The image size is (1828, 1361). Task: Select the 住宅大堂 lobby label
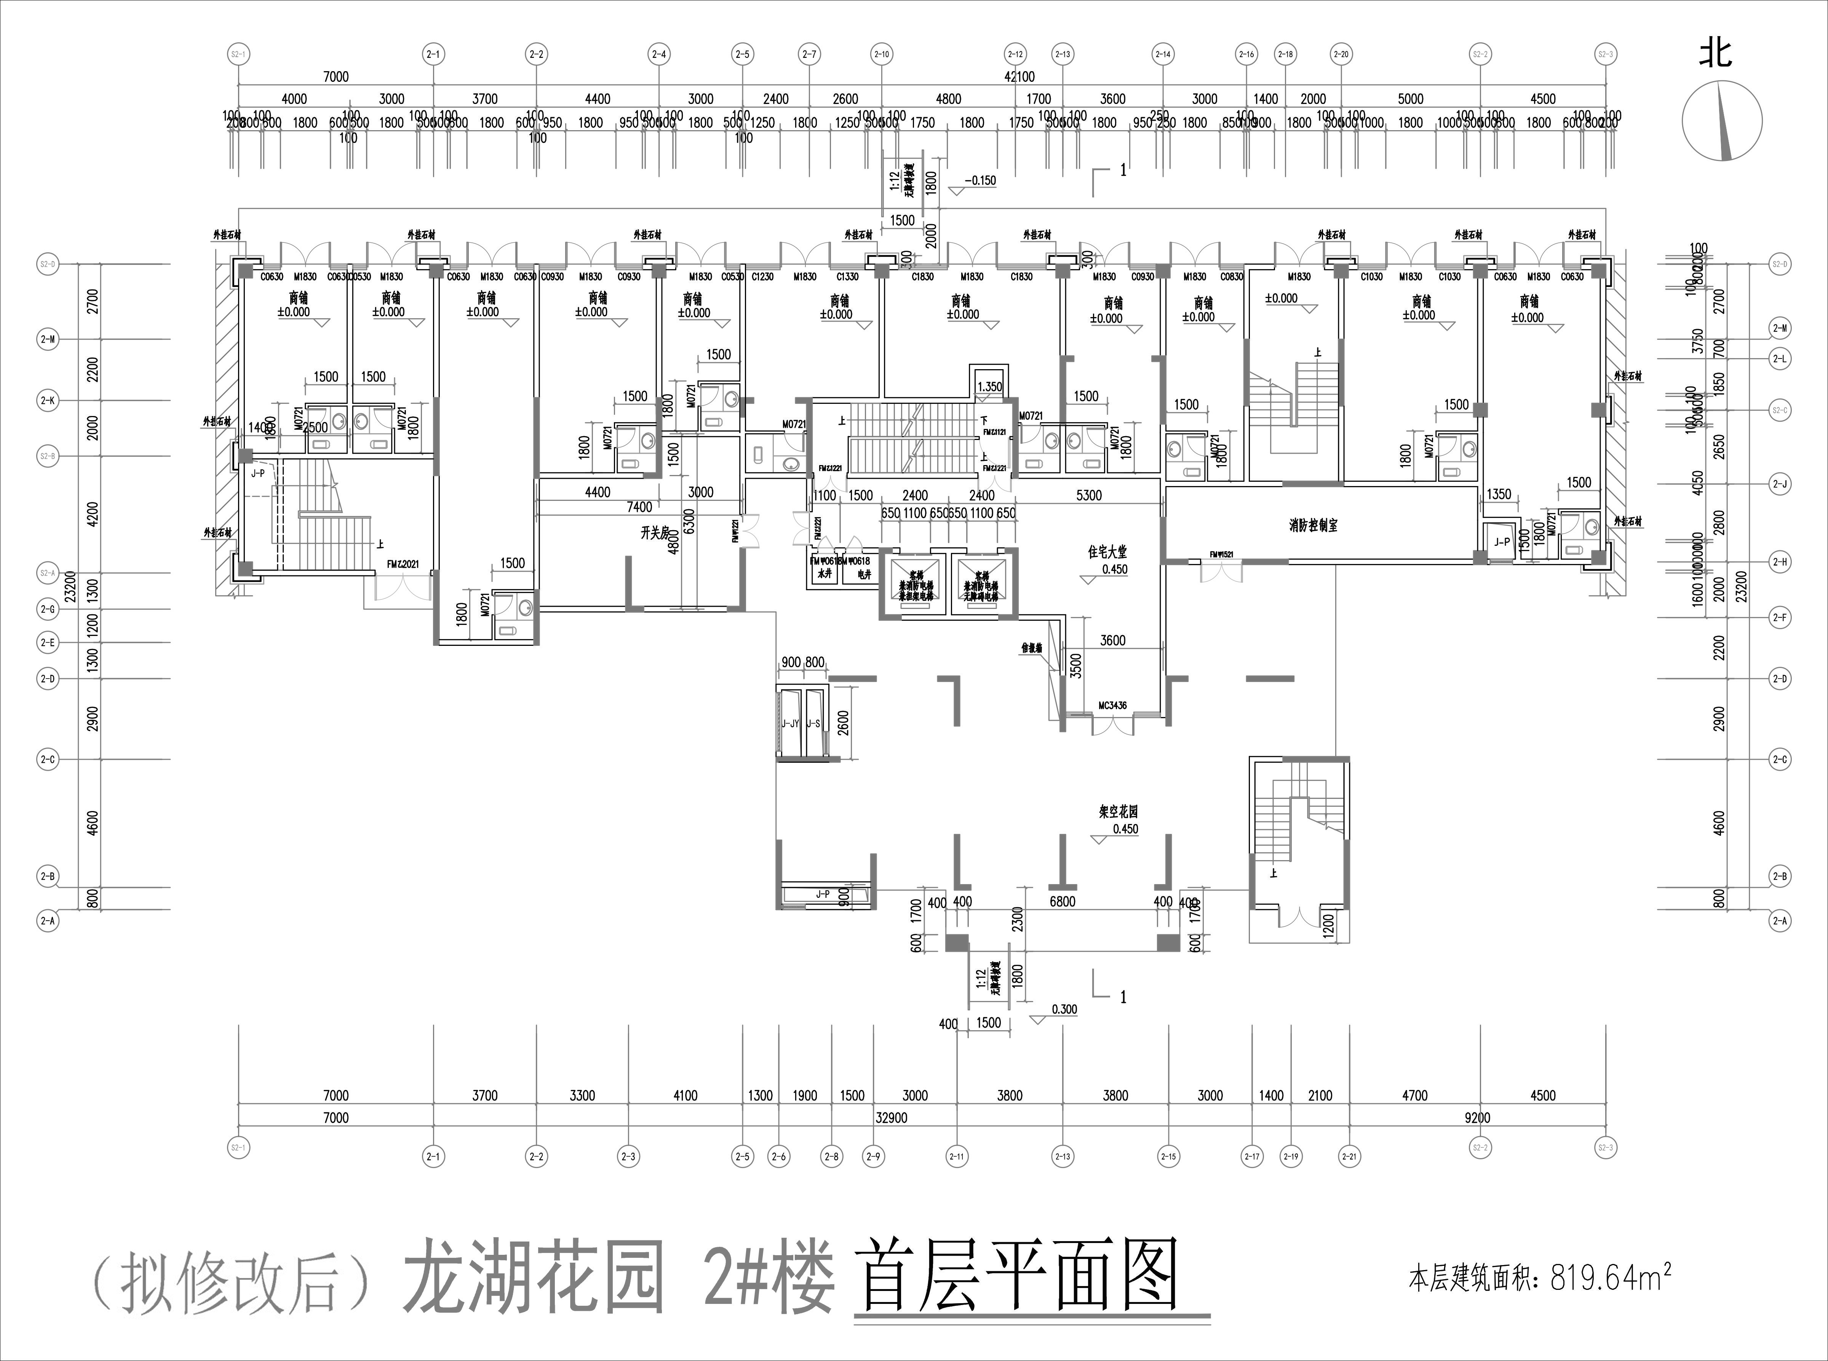point(1107,553)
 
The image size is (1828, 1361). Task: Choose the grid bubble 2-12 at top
point(1015,54)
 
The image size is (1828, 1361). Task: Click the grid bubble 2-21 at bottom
point(1349,1157)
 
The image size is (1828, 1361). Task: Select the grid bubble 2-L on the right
point(1780,359)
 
